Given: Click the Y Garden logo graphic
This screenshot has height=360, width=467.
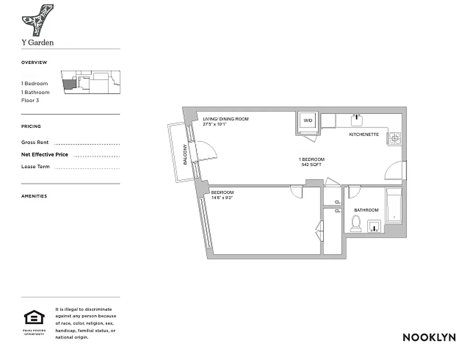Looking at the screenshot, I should tap(38, 20).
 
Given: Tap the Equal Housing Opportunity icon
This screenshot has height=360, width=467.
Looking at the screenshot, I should tap(34, 319).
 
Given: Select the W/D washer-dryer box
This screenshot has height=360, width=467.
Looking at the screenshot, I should tap(308, 121).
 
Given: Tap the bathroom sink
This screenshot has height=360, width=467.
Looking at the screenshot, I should tap(375, 226).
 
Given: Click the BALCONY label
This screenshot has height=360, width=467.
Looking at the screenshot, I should tap(185, 154).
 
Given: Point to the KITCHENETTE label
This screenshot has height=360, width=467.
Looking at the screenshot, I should tap(364, 135).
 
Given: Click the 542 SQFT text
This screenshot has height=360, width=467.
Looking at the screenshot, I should tap(311, 165).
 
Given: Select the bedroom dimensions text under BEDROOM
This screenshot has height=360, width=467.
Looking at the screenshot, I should tap(222, 197).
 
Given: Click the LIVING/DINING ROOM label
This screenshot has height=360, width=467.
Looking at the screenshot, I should tap(225, 119).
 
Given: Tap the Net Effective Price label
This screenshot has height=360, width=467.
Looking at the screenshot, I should tap(45, 155).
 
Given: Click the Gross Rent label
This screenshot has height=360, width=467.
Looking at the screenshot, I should tap(35, 142).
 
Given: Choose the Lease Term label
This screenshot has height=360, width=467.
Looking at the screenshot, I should tap(36, 167).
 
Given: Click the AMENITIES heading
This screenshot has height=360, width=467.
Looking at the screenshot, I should tap(34, 196).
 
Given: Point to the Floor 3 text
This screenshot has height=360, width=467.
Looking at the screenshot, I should tap(30, 100).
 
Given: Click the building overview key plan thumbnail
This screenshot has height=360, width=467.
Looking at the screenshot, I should tap(92, 82).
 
